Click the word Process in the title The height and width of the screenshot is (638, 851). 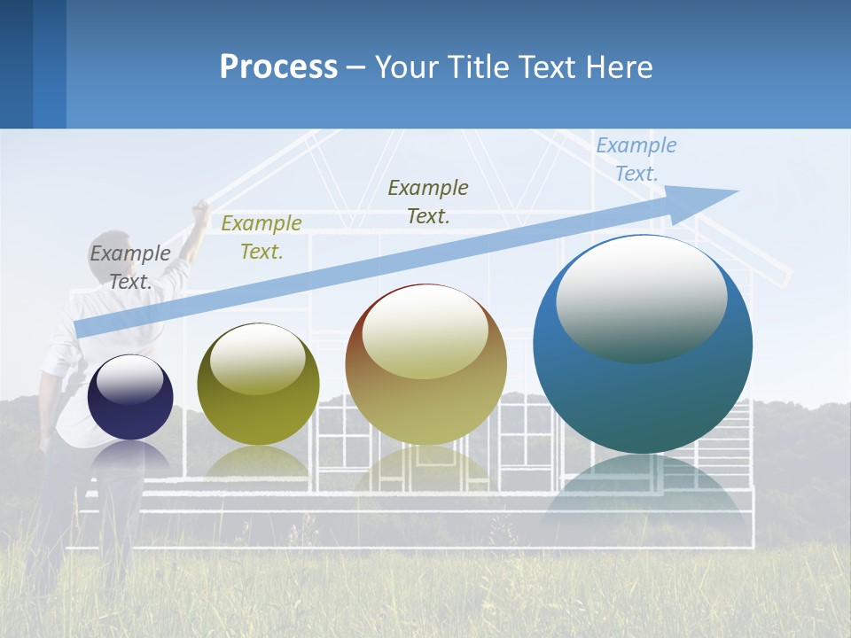pyautogui.click(x=278, y=67)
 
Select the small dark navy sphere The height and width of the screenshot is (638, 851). pyautogui.click(x=130, y=397)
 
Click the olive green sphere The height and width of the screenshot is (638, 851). pyautogui.click(x=258, y=385)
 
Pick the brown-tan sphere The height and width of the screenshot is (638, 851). pyautogui.click(x=426, y=364)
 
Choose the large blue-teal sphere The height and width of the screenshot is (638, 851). pyautogui.click(x=643, y=344)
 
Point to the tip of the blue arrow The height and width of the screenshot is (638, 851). pyautogui.click(x=738, y=191)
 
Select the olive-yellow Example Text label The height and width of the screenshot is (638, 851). pyautogui.click(x=262, y=237)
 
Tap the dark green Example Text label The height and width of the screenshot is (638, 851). pyautogui.click(x=428, y=201)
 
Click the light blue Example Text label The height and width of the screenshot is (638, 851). pyautogui.click(x=636, y=159)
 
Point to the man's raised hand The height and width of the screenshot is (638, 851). pyautogui.click(x=201, y=210)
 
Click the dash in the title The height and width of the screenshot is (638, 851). pyautogui.click(x=356, y=68)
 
